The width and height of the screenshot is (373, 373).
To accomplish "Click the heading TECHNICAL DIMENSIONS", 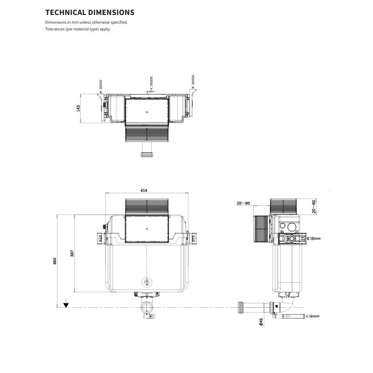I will (90, 12).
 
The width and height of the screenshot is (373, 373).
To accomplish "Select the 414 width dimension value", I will (143, 190).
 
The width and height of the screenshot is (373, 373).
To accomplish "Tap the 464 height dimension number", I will (55, 260).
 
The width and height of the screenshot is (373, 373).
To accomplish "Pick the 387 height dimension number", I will (72, 253).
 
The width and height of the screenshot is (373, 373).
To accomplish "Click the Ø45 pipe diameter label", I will (261, 322).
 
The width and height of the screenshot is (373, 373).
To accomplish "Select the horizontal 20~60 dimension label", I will (243, 203).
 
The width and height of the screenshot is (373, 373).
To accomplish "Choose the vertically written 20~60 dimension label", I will (313, 206).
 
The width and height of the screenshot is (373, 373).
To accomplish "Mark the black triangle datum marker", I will (66, 306).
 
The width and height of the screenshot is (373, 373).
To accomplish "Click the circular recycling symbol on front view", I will (146, 282).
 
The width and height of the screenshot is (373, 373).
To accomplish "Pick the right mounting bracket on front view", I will (193, 238).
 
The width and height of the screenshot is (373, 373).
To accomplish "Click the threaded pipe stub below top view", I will (146, 155).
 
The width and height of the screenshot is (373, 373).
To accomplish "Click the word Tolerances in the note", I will (55, 29).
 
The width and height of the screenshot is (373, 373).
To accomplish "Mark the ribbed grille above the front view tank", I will (146, 206).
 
